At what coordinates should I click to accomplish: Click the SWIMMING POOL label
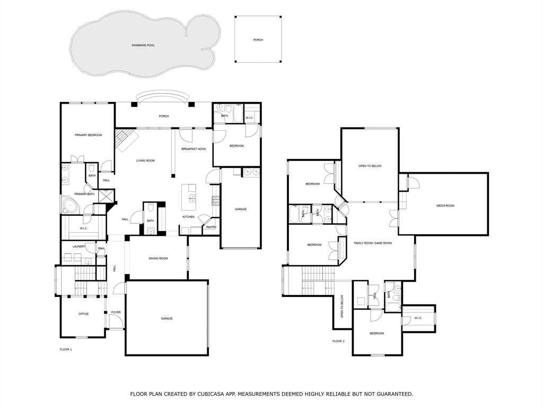coord(143,46)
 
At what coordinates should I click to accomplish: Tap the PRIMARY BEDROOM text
coord(88,135)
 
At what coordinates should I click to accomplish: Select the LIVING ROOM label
coord(145,160)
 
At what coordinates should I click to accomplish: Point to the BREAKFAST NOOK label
coord(194,149)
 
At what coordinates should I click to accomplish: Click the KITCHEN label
coord(188,217)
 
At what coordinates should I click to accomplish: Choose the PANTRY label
coord(211,227)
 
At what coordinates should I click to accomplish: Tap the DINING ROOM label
coord(158,258)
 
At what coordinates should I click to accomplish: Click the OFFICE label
coord(83,314)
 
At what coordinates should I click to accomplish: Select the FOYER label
coord(116,312)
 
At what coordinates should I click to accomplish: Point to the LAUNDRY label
coord(79,246)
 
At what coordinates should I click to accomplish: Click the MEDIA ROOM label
coord(445,206)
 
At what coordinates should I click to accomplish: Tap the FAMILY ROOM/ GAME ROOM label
coord(373,243)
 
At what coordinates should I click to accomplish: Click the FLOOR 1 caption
coord(66,350)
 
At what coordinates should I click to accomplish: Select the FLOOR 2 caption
coord(338,341)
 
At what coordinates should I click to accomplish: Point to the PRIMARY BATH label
coord(84,194)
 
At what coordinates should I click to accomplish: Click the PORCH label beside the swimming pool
coord(258,40)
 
